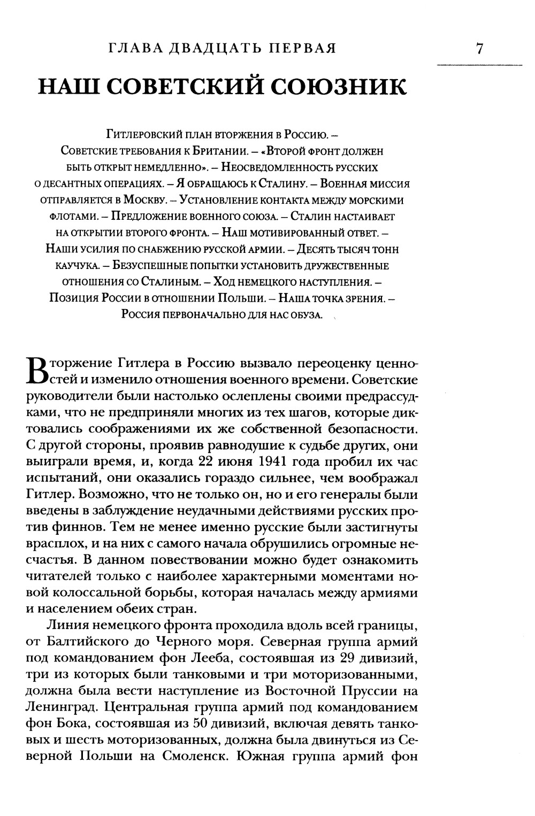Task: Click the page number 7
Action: [479, 49]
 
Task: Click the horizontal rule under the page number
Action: [479, 65]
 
